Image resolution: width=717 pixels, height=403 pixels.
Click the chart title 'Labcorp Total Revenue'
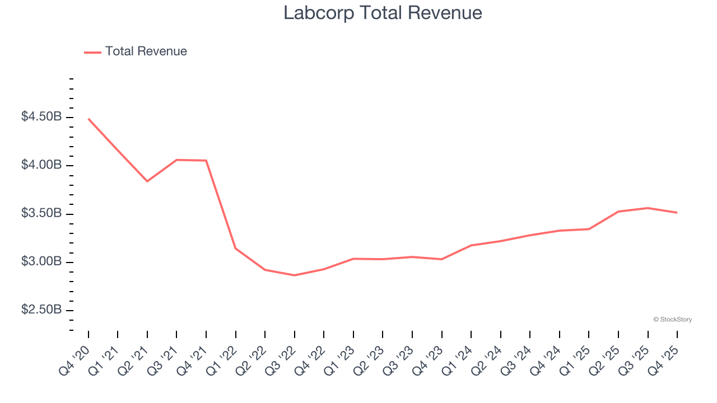pyautogui.click(x=383, y=13)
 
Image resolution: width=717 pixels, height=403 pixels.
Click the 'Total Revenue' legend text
pyautogui.click(x=146, y=51)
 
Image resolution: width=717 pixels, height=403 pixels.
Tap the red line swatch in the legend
pyautogui.click(x=92, y=52)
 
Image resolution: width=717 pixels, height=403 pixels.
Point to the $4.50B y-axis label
pyautogui.click(x=41, y=117)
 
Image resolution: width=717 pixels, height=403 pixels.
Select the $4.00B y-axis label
pyautogui.click(x=41, y=165)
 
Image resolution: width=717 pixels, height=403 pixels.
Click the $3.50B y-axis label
pyautogui.click(x=41, y=214)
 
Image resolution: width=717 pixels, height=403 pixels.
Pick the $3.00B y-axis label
pyautogui.click(x=41, y=262)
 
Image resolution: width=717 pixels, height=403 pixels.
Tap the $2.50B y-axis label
pyautogui.click(x=41, y=310)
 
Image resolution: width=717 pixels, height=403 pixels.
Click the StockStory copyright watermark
pyautogui.click(x=672, y=320)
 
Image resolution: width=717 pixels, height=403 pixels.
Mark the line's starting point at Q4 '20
pyautogui.click(x=89, y=119)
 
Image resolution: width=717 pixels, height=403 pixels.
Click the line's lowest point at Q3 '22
pyautogui.click(x=295, y=275)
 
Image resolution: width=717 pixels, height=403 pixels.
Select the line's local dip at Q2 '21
pyautogui.click(x=147, y=181)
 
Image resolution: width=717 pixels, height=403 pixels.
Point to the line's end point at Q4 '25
pyautogui.click(x=677, y=213)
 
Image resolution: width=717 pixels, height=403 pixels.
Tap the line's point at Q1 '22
pyautogui.click(x=236, y=248)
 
